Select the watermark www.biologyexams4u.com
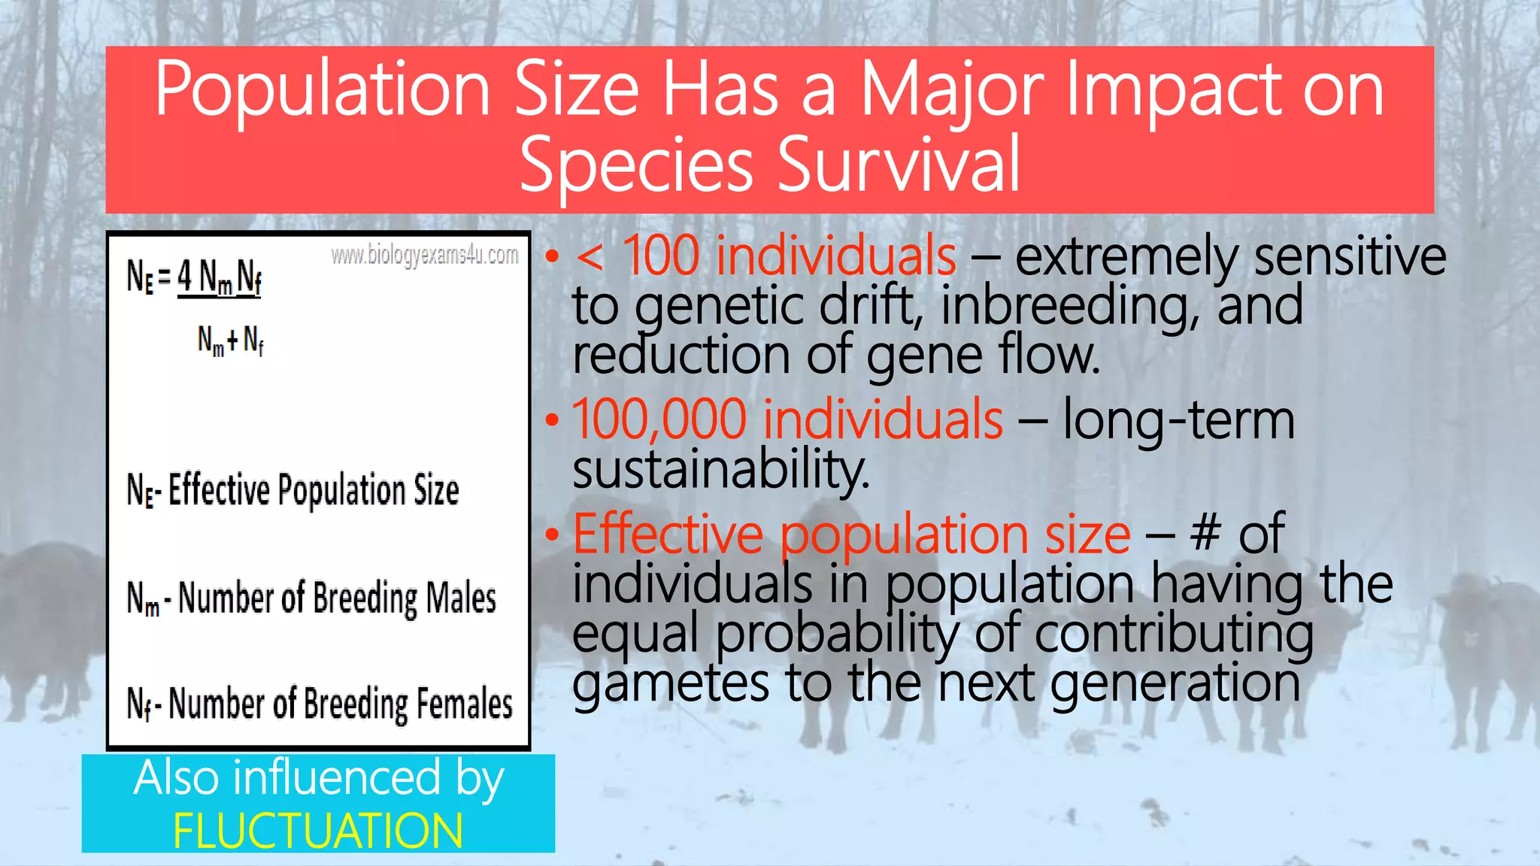(424, 256)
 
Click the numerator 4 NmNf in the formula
(219, 278)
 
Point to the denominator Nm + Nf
(230, 341)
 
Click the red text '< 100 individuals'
(765, 256)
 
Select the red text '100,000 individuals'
(787, 419)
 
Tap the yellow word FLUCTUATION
(317, 831)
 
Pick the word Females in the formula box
(464, 704)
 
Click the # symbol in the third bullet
(1205, 533)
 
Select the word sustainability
(720, 469)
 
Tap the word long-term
(1178, 419)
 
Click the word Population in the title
(322, 90)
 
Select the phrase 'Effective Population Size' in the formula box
(313, 490)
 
